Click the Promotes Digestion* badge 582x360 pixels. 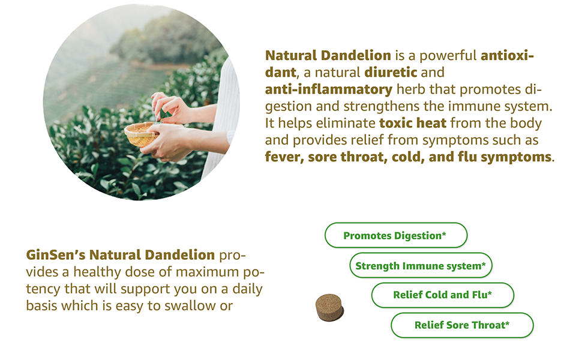395,236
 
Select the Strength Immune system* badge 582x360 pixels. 420,266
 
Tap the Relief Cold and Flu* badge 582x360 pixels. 442,295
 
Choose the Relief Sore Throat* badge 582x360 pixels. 461,325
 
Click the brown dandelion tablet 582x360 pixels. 329,307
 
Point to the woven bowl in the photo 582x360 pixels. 141,134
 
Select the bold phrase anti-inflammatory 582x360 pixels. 329,89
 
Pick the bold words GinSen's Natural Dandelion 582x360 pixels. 120,254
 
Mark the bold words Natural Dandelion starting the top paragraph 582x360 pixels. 328,56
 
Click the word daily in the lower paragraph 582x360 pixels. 244,289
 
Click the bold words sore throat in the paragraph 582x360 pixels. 348,157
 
